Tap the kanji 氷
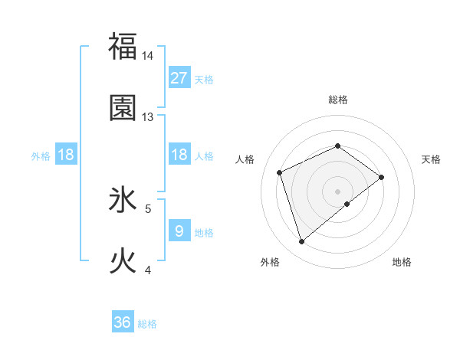point(123,200)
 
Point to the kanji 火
point(123,261)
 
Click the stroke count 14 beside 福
point(148,56)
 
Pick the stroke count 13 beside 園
point(148,117)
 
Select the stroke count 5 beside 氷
point(149,208)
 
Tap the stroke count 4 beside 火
point(148,270)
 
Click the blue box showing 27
point(179,78)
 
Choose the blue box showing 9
point(179,231)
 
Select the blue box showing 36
point(123,322)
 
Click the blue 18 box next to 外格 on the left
point(66,155)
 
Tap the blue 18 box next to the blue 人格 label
point(179,155)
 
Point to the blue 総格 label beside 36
point(147,324)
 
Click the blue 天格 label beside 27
point(203,80)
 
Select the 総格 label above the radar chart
point(337,100)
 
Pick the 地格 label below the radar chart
point(402,262)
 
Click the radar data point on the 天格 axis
point(381,177)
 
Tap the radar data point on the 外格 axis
point(301,242)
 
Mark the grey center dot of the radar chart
point(337,191)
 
